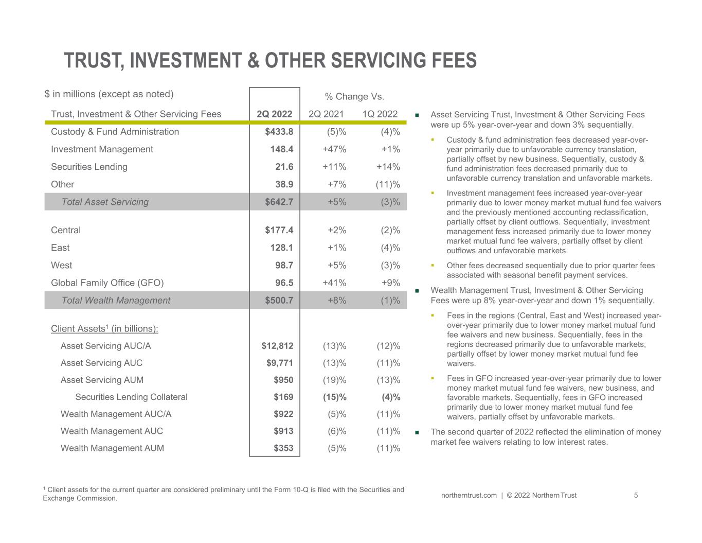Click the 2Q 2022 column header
click(x=274, y=114)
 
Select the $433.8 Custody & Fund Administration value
click(x=279, y=132)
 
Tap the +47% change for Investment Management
click(x=334, y=149)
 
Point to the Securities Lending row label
click(x=89, y=167)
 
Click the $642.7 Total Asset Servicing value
click(x=279, y=202)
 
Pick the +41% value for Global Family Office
click(x=334, y=283)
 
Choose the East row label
click(x=60, y=248)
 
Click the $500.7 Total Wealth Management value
click(x=279, y=300)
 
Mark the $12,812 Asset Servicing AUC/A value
click(x=277, y=346)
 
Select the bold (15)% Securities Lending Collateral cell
click(x=334, y=397)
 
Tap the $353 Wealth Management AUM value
click(x=283, y=448)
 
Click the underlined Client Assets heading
click(x=104, y=328)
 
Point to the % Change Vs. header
click(x=354, y=96)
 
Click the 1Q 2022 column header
click(x=380, y=114)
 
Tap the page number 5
click(x=636, y=495)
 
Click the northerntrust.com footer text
click(x=469, y=495)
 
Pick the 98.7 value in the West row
click(x=282, y=265)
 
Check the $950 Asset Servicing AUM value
click(x=283, y=380)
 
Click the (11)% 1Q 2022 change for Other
click(x=388, y=184)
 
